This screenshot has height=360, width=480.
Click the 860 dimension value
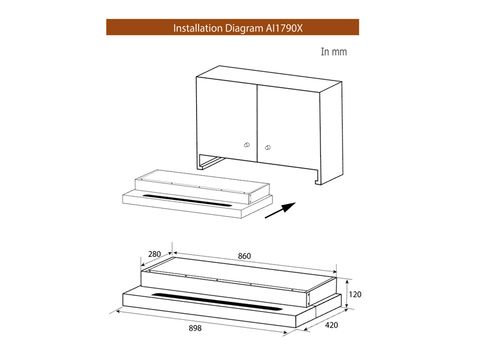[244, 257]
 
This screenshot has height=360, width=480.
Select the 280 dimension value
[154, 256]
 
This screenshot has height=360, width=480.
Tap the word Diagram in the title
[241, 27]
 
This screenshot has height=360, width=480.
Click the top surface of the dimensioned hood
[240, 272]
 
